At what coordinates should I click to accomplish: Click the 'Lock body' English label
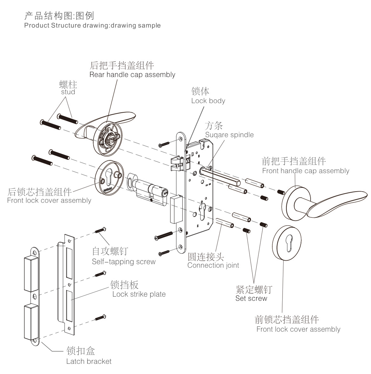click(x=208, y=101)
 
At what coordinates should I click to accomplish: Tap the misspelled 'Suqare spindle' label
click(x=229, y=135)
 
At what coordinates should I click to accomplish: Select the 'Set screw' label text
click(x=251, y=298)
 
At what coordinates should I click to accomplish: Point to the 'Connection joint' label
click(x=213, y=265)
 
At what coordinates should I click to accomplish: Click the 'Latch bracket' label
click(x=89, y=361)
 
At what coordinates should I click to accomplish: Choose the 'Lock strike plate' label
click(x=139, y=294)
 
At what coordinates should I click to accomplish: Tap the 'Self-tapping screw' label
click(x=124, y=262)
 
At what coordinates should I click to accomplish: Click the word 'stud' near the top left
click(x=68, y=92)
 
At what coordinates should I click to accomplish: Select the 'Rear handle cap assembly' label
click(x=132, y=74)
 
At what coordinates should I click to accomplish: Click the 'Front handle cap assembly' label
click(x=305, y=171)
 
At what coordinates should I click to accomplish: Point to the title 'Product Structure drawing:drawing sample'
click(x=92, y=25)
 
